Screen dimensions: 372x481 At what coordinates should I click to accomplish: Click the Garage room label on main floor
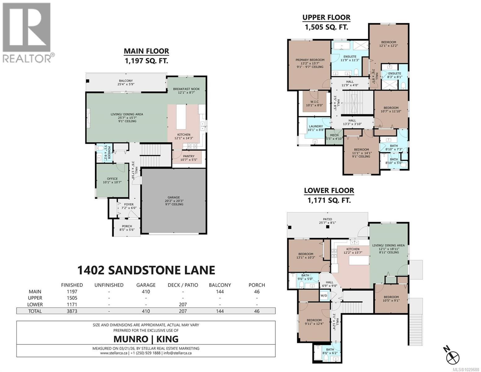click(174, 197)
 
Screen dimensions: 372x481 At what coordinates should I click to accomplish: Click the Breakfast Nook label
click(186, 89)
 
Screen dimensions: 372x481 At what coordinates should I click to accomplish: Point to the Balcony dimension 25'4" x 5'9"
click(126, 84)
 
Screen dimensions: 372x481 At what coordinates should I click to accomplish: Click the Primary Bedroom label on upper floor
click(310, 60)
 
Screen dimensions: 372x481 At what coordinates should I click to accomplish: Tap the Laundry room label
click(316, 126)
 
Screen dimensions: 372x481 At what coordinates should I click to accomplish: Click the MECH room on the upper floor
click(334, 135)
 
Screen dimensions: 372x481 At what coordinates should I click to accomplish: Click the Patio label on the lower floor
click(327, 219)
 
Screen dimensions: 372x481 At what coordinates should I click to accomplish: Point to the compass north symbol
click(453, 356)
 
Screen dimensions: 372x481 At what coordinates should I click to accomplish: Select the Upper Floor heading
click(326, 17)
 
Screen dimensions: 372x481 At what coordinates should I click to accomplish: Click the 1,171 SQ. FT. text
click(329, 200)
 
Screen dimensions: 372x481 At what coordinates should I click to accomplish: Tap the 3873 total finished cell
click(72, 311)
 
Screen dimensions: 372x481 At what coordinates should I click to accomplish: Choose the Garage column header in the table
click(146, 285)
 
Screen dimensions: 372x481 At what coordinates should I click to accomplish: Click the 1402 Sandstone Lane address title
click(146, 270)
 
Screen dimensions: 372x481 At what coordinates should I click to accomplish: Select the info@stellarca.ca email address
click(177, 353)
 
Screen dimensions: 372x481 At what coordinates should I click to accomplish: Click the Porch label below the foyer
click(127, 226)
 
